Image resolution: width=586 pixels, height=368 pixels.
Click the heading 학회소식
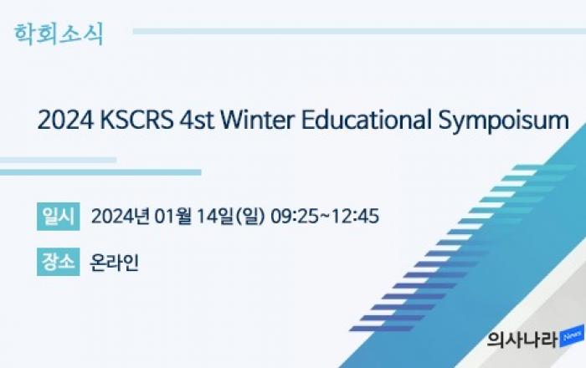(x=59, y=34)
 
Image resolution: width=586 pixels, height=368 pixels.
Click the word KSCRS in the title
(x=136, y=120)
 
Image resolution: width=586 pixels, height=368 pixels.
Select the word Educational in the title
(x=366, y=120)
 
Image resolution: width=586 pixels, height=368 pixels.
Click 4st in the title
(x=197, y=120)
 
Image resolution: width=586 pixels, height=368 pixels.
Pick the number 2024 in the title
(x=66, y=120)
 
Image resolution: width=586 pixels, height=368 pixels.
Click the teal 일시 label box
(x=59, y=217)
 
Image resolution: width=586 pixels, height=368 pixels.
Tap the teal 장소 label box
(x=59, y=262)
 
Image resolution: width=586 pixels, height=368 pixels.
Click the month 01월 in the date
(x=173, y=216)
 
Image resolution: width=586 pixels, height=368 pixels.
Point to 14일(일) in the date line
(x=230, y=217)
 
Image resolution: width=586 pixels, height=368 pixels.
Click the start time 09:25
(x=295, y=217)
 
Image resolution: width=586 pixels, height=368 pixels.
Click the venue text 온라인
(x=115, y=263)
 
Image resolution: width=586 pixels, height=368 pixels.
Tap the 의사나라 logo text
(x=523, y=340)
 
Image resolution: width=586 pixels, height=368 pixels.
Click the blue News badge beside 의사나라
(x=572, y=336)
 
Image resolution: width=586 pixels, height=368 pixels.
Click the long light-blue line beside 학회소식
(x=359, y=31)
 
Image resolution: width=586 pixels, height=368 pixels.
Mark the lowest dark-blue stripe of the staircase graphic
(x=381, y=329)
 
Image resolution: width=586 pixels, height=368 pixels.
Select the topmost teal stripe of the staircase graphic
(x=544, y=167)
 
